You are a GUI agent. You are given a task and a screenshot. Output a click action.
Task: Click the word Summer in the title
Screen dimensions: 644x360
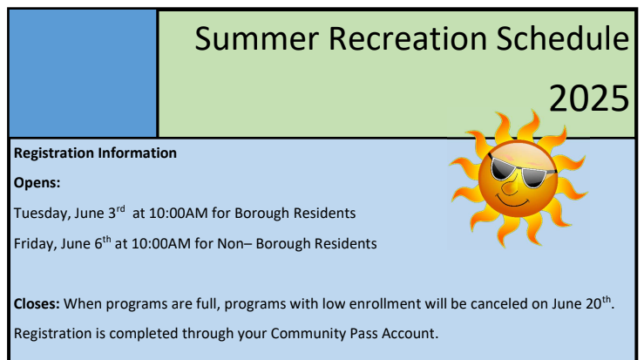tap(257, 38)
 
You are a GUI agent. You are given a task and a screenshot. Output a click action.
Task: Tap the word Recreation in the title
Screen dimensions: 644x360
tap(408, 38)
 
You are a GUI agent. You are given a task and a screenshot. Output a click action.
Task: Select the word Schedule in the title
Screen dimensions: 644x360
tap(563, 37)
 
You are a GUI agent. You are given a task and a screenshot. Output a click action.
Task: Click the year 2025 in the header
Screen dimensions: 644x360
tap(589, 98)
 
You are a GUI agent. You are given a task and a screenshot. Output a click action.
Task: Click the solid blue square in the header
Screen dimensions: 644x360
tap(83, 73)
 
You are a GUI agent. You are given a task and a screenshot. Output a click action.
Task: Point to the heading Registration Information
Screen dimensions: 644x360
tap(95, 153)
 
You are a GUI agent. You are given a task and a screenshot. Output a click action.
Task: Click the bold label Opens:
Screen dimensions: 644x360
tap(37, 183)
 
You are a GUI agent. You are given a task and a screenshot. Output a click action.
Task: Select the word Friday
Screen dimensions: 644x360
tap(36, 244)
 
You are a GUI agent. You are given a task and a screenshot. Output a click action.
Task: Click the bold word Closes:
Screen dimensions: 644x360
tap(37, 304)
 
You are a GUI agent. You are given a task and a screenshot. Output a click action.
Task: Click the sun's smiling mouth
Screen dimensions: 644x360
tap(512, 201)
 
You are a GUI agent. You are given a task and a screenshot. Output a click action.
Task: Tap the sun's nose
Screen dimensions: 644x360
tap(510, 187)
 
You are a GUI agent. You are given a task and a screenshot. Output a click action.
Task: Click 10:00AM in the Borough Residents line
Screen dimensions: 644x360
tap(179, 214)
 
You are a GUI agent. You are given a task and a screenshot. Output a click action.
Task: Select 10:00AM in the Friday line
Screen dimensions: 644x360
tap(161, 244)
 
